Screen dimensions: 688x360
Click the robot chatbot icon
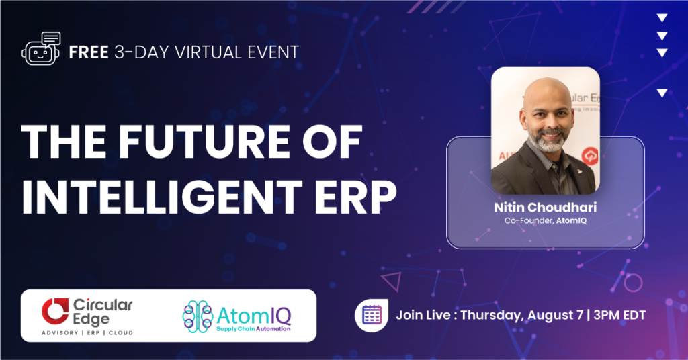pos(41,48)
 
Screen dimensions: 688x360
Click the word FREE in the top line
pos(89,52)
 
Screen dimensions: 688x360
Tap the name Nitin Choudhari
pos(546,207)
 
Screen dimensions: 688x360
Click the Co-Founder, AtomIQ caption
pos(546,220)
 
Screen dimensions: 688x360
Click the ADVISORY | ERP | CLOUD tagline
pos(87,333)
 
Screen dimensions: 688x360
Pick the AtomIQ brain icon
pos(198,316)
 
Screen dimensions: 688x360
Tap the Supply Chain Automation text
pos(253,329)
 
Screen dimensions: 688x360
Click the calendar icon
pos(372,315)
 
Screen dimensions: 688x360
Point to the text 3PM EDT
pos(619,315)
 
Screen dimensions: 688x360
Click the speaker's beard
pos(548,140)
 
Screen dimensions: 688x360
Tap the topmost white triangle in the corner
pos(662,18)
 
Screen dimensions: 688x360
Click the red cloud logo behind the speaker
pos(590,156)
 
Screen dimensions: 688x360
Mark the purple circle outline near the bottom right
pos(633,283)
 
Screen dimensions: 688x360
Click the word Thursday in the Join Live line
pos(491,316)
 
